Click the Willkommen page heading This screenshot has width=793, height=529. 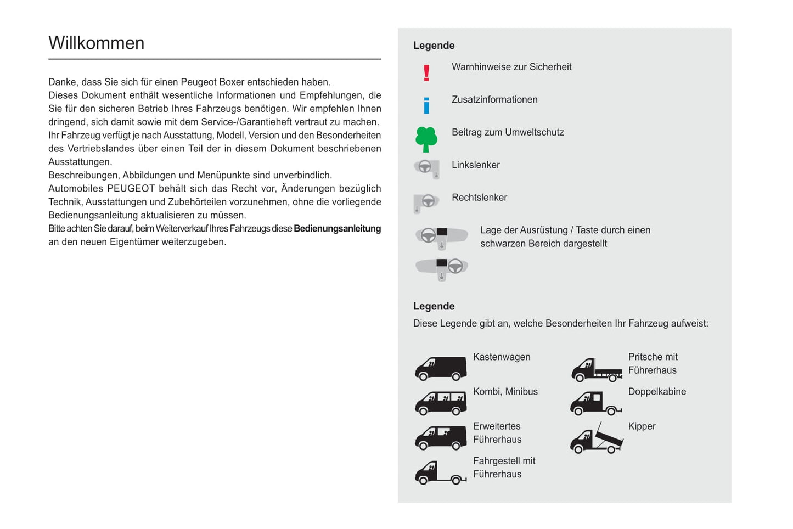97,43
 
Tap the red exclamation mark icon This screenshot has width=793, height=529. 426,73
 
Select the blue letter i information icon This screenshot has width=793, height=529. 426,105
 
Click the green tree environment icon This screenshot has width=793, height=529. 426,139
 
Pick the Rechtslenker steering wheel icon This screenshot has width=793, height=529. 426,202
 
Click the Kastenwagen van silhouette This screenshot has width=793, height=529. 441,368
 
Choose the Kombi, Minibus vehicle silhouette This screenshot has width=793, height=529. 441,403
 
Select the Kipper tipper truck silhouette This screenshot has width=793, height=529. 597,440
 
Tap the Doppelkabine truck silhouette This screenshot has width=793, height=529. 595,403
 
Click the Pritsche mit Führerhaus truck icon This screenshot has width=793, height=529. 597,369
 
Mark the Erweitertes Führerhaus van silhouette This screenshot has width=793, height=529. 441,438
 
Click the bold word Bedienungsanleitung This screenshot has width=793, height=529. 337,229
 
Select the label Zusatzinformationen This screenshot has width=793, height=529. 494,100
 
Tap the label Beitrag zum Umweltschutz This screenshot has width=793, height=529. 508,132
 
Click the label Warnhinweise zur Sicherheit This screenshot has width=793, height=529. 511,67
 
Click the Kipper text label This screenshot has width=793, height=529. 642,426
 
